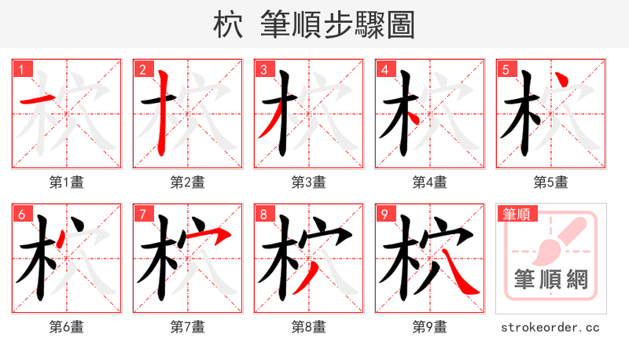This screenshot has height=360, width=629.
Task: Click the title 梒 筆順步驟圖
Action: click(x=314, y=24)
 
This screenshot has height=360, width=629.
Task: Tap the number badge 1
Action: click(x=22, y=70)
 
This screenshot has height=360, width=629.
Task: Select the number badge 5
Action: click(x=506, y=70)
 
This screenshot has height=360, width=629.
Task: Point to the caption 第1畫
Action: click(x=67, y=182)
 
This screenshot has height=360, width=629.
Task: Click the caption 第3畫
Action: click(x=308, y=182)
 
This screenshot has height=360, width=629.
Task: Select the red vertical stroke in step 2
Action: click(x=163, y=110)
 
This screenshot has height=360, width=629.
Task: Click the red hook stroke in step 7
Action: click(x=212, y=234)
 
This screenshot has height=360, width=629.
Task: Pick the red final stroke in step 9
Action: click(x=461, y=275)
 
